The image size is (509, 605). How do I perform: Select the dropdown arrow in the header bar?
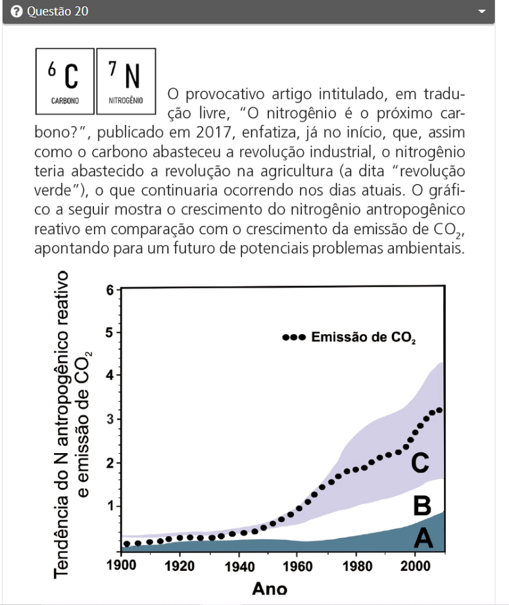[x=482, y=12]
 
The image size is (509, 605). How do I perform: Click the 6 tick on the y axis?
[x=110, y=290]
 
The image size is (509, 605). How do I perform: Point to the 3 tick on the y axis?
[x=110, y=419]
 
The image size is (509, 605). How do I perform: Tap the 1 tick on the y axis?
[x=110, y=506]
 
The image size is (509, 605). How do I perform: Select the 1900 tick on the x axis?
[x=121, y=565]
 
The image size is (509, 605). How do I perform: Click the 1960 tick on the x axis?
[x=299, y=565]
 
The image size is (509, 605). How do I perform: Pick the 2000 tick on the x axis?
[x=415, y=565]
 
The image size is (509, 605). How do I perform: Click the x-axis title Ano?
[x=270, y=588]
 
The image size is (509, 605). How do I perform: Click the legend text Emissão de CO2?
[x=363, y=337]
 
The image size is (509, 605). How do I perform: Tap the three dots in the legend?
[x=294, y=337]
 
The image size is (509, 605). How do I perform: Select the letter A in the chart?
[x=422, y=539]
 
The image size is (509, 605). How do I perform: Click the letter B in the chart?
[x=422, y=506]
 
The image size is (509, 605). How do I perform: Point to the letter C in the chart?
[x=420, y=463]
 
